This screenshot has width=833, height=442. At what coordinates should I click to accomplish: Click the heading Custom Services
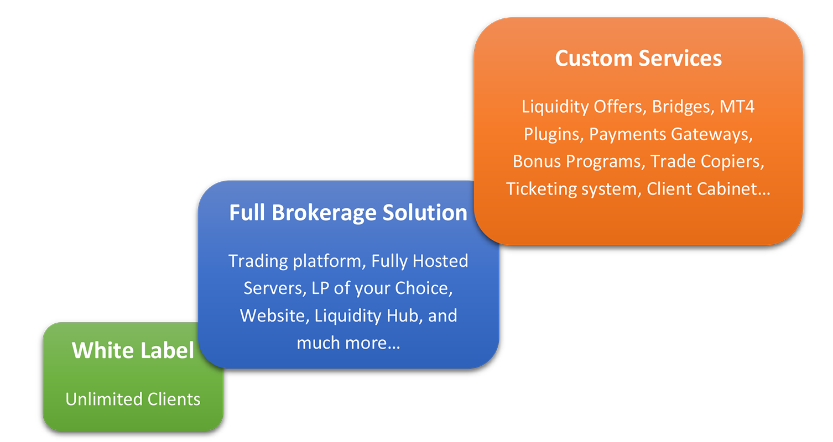coord(638,59)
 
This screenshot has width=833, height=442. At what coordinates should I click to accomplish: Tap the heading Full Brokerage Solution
coord(348,213)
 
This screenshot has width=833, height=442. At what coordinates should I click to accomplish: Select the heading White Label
coord(133,350)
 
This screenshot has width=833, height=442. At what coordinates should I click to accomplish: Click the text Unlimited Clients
coord(133,399)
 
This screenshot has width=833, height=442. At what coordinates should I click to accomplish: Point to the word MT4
coord(737,106)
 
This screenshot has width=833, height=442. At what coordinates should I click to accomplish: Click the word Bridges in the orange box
coord(681,106)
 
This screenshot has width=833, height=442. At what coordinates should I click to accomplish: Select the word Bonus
coord(538,161)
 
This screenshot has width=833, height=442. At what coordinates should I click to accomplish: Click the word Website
coord(274,315)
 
